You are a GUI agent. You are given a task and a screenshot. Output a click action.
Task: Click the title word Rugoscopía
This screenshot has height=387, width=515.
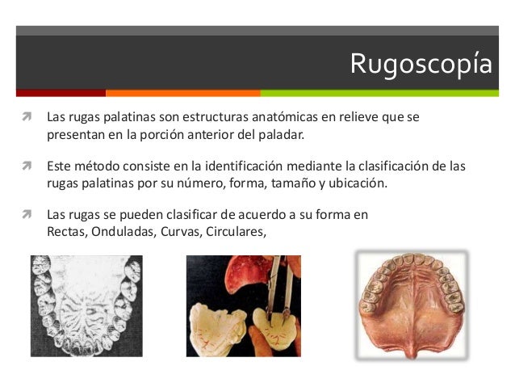421,64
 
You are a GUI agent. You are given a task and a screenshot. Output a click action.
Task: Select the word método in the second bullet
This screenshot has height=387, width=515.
98,166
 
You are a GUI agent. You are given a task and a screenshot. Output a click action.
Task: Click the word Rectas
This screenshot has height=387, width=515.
67,231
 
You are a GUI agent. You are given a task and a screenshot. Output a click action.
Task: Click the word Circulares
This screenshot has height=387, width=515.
236,231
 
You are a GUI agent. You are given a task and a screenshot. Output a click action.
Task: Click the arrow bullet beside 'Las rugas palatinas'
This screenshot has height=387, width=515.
27,117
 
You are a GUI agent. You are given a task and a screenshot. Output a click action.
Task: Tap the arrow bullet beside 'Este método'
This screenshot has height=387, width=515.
27,166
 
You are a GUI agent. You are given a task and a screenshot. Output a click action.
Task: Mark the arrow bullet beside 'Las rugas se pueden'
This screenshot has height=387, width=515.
27,216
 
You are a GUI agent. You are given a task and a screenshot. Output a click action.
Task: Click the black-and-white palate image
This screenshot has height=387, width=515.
86,307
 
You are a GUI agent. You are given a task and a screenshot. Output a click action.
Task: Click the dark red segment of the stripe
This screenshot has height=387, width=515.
61,93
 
